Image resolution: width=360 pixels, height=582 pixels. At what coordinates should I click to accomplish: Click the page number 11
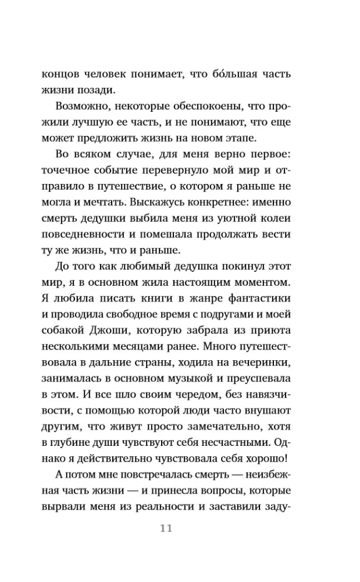pos(166,528)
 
